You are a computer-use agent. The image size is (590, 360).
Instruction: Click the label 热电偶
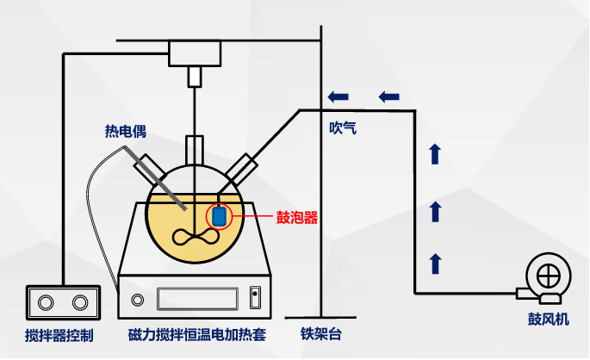pos(126,133)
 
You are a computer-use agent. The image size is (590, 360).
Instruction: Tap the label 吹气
pos(342,128)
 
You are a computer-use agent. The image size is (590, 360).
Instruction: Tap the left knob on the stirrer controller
pos(46,302)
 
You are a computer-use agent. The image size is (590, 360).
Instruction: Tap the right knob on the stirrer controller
pos(80,302)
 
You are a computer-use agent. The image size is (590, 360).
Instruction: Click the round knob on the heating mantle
pos(138,300)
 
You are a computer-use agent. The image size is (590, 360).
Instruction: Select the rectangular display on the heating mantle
pos(197,299)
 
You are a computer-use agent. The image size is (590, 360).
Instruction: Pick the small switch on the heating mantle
pos(254,299)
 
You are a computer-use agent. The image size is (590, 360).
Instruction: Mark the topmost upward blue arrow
pos(435,154)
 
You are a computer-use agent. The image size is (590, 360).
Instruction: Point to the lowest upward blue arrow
pos(435,263)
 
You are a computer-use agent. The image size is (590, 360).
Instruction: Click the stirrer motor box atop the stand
pos(195,53)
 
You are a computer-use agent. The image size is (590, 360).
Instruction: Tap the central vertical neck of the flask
pos(196,148)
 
